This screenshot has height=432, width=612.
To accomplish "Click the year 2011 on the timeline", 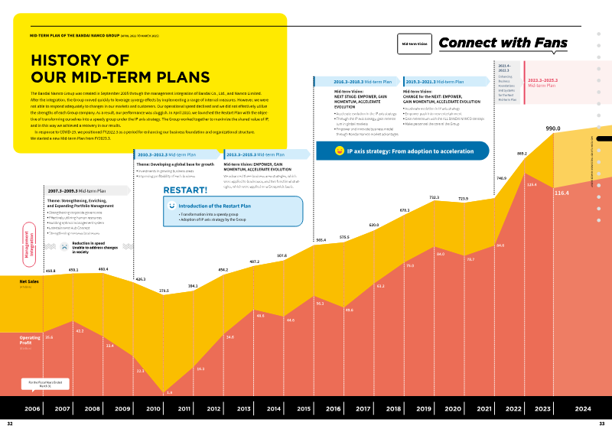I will (x=184, y=408).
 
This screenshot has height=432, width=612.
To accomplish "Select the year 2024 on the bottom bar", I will (x=583, y=408).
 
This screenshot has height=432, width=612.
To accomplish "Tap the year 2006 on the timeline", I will (x=32, y=408).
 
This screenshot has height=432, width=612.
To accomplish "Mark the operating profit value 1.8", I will (x=169, y=392).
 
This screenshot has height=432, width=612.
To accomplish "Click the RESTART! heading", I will (x=185, y=190).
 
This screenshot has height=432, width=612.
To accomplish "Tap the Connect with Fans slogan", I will (x=503, y=44).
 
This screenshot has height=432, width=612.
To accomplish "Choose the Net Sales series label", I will (x=30, y=281).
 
